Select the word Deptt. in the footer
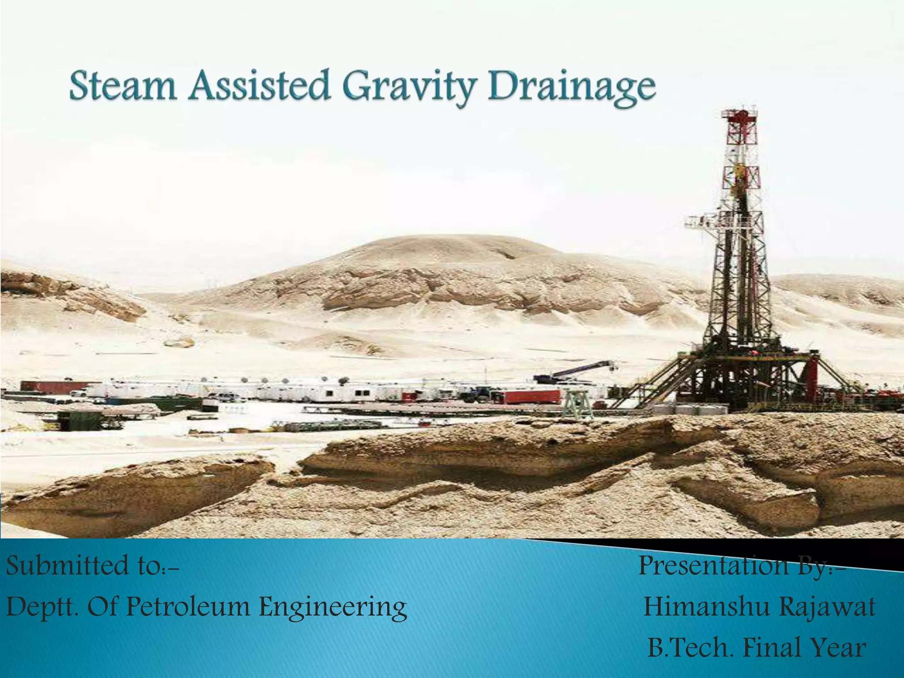coord(42,607)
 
